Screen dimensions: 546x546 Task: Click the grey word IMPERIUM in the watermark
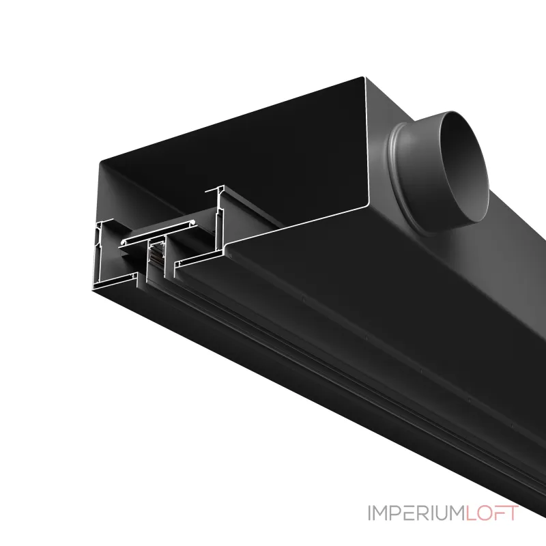416,513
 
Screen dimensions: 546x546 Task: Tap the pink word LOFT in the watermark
492,513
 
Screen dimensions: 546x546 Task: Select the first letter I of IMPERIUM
370,513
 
